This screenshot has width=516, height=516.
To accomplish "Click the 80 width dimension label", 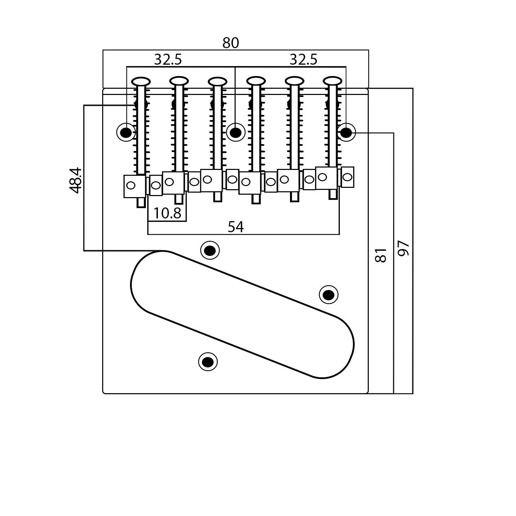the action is click(230, 43).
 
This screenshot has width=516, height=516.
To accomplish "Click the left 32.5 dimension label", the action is click(168, 60).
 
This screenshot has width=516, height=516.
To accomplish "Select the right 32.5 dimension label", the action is click(303, 60).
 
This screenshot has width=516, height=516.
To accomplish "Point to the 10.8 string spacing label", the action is click(167, 213).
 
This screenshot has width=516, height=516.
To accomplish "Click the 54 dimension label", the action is click(236, 227).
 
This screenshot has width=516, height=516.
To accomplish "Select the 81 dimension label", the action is click(381, 255).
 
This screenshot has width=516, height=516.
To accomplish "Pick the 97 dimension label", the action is click(404, 248).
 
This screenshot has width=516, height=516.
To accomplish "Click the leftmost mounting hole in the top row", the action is click(126, 132).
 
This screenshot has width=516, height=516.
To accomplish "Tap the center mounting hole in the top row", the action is click(235, 132).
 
